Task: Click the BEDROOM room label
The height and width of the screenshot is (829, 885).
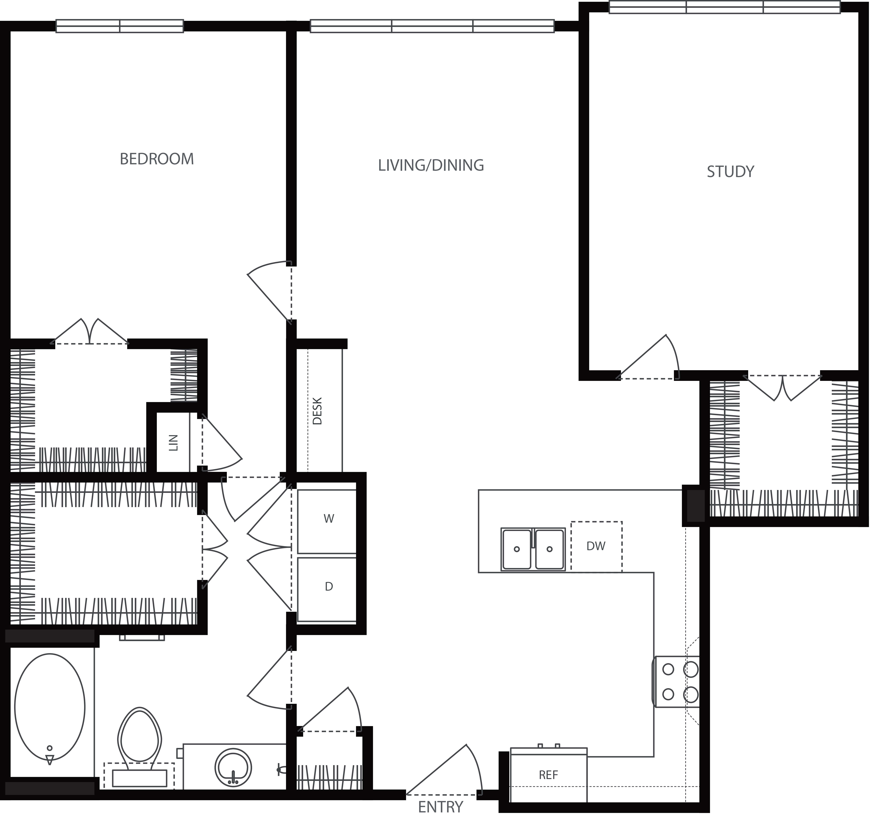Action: (x=157, y=159)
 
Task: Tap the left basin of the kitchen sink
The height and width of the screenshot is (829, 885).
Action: (x=516, y=549)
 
